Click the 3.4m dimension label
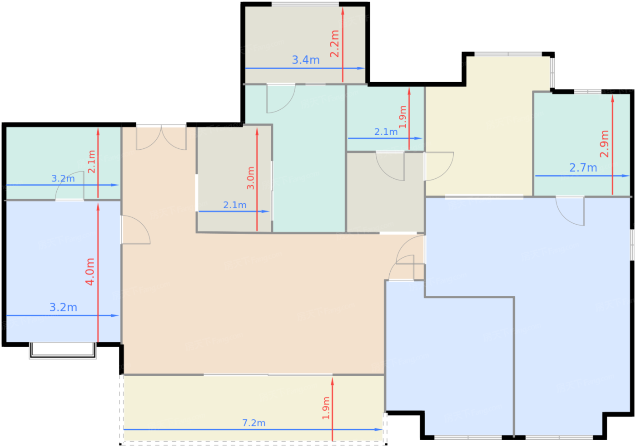coord(306,60)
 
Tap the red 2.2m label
coord(334,44)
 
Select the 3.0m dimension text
coord(250,178)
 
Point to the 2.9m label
coord(604,144)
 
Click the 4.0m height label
coord(90,271)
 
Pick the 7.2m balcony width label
coord(254,423)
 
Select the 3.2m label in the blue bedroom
coord(63,307)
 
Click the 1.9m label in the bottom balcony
coord(326,408)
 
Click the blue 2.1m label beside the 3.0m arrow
coord(235,205)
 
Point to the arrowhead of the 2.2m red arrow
coord(343,11)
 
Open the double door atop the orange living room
coord(161,137)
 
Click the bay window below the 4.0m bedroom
coord(63,350)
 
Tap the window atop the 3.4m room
coord(305,4)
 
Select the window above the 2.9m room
coord(587,91)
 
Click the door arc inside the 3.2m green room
coord(70,186)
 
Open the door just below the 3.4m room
coord(281,98)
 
